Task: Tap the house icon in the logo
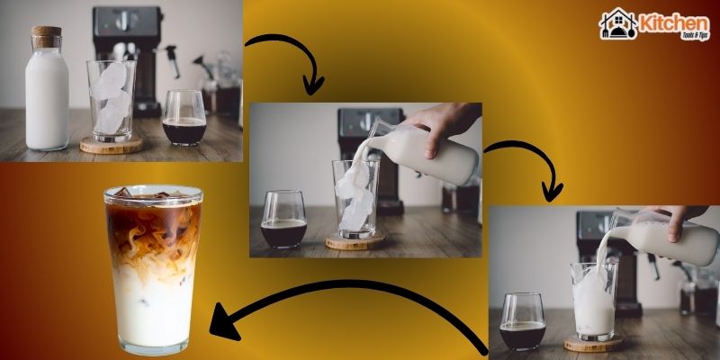pyautogui.click(x=618, y=24)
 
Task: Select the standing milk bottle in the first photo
pyautogui.click(x=46, y=94)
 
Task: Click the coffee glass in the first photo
pyautogui.click(x=184, y=119)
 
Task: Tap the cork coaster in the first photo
pyautogui.click(x=111, y=145)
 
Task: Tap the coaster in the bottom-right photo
pyautogui.click(x=593, y=344)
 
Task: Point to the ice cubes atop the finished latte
pyautogui.click(x=151, y=193)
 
